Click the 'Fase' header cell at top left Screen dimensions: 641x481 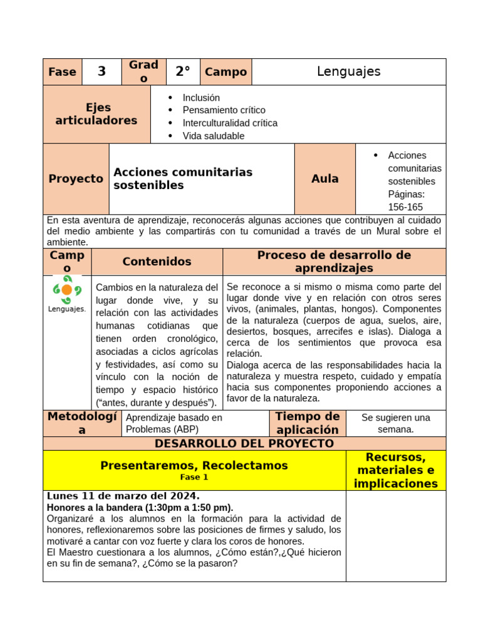pyautogui.click(x=62, y=72)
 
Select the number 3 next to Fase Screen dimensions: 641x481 pyautogui.click(x=101, y=72)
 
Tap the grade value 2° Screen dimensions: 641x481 pyautogui.click(x=182, y=72)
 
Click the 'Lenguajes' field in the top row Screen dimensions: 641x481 pyautogui.click(x=348, y=71)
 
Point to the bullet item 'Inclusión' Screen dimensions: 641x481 pyautogui.click(x=201, y=98)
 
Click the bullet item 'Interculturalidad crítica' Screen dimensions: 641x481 pyautogui.click(x=230, y=123)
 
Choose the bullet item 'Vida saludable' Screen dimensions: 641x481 pyautogui.click(x=213, y=136)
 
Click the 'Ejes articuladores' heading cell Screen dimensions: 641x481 pyautogui.click(x=96, y=114)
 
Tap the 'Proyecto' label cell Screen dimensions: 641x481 pyautogui.click(x=76, y=179)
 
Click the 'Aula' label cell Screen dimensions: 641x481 pyautogui.click(x=324, y=179)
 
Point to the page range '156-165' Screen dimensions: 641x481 pyautogui.click(x=405, y=207)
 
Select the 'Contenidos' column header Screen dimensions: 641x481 pyautogui.click(x=157, y=262)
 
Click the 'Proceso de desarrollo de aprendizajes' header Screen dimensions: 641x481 pyautogui.click(x=334, y=262)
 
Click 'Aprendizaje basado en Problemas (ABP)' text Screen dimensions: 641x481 pyautogui.click(x=173, y=423)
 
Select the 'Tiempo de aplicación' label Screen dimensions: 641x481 pyautogui.click(x=308, y=423)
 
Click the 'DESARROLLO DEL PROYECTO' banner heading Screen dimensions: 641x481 pyautogui.click(x=244, y=443)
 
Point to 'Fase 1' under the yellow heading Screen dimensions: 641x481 pyautogui.click(x=194, y=477)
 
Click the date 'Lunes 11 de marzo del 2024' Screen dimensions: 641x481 pyautogui.click(x=123, y=496)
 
